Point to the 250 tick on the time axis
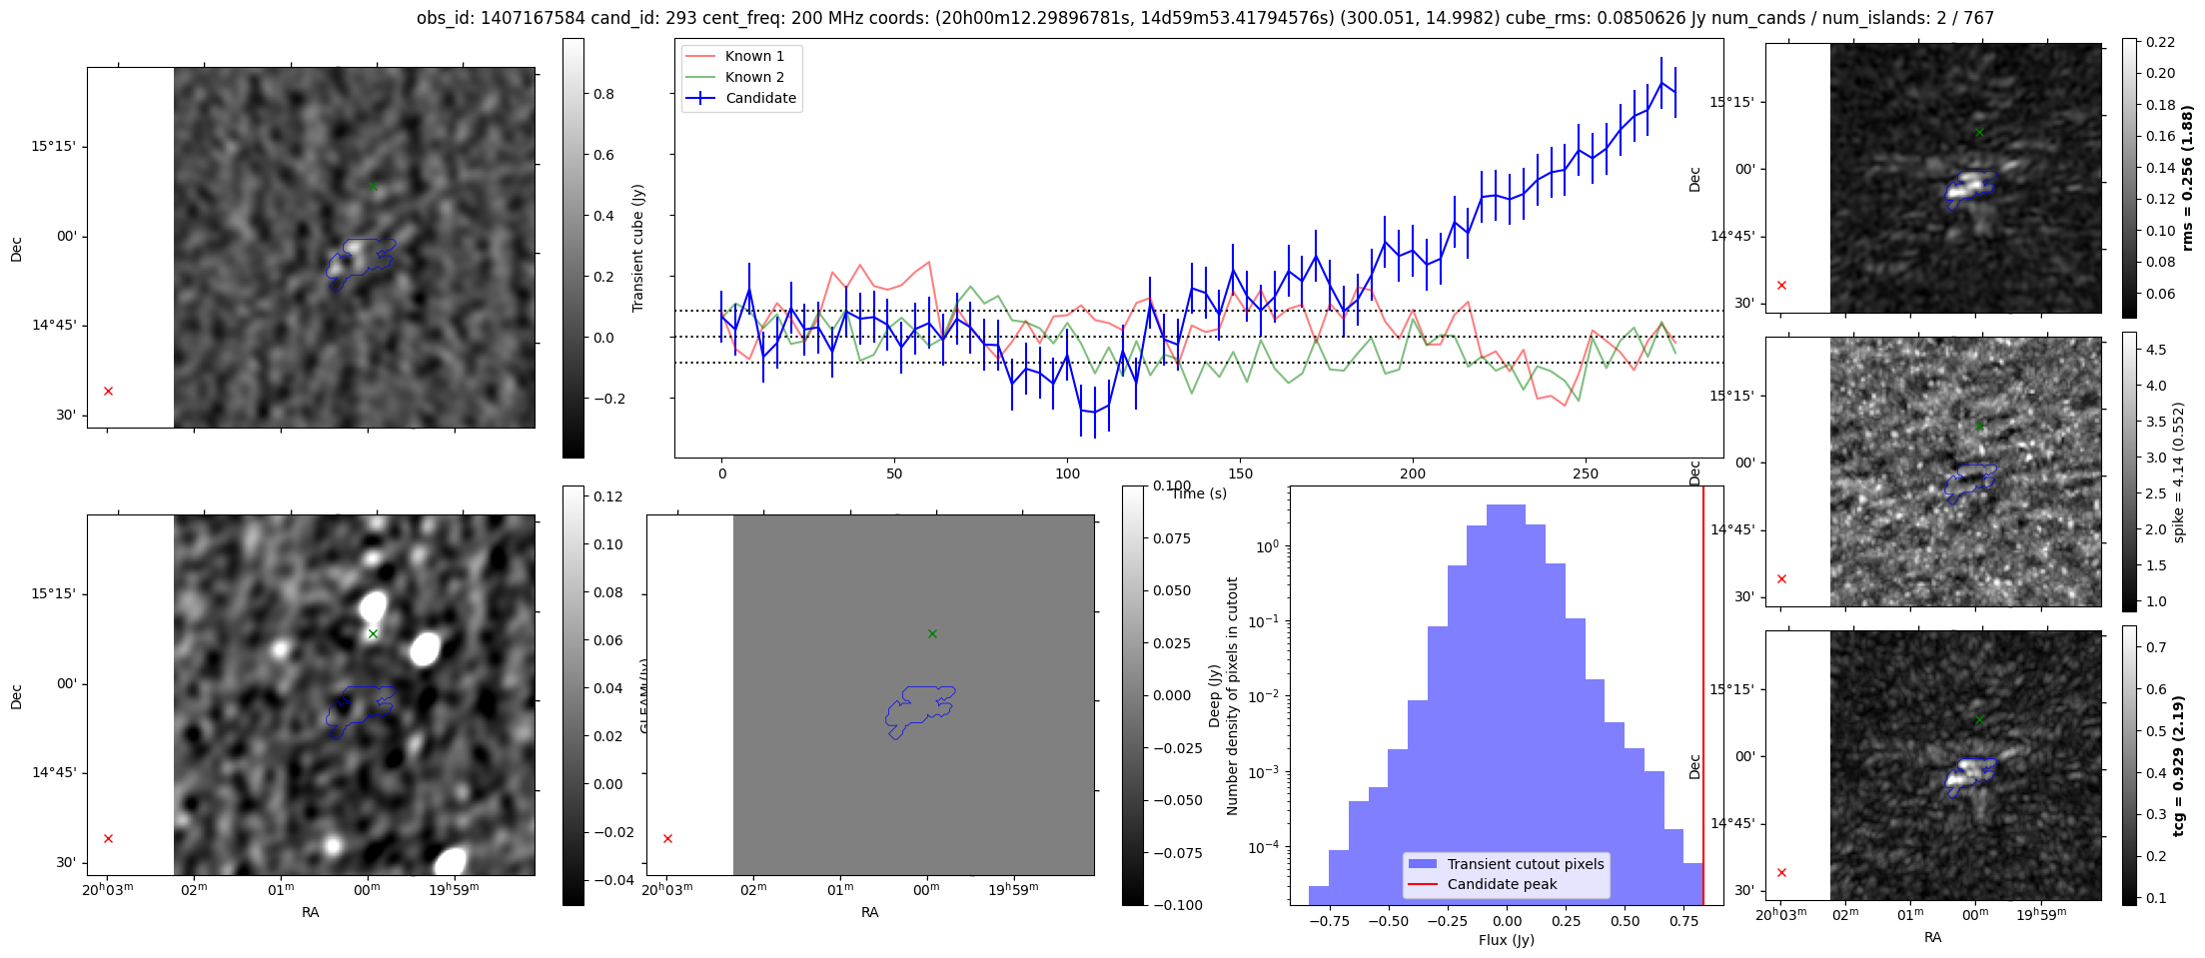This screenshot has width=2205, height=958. coord(1586,474)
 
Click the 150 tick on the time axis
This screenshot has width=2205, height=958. coord(1240,474)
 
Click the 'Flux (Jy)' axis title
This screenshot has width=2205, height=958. coord(1506,940)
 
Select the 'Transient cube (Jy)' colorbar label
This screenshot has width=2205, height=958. coord(638,248)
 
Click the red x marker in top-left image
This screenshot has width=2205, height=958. coord(109,391)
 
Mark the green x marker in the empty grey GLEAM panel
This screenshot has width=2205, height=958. coord(932,633)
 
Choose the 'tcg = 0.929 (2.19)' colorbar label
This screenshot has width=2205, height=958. coord(2187,765)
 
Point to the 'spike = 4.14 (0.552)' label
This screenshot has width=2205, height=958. coord(2179,472)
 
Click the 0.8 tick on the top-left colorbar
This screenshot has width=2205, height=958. coord(603,94)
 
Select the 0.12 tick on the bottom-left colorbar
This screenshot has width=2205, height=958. coord(608,496)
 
